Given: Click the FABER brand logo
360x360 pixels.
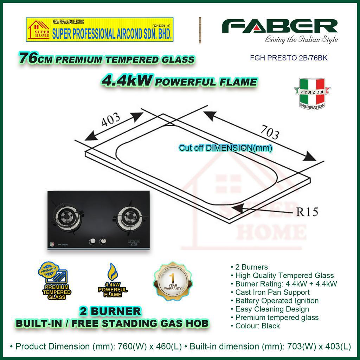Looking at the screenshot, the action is (x=279, y=27).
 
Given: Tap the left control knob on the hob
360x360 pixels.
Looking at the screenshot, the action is (x=93, y=242).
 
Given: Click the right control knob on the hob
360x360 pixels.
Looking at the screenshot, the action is (x=103, y=242).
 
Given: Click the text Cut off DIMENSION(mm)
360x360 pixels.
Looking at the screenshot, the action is (x=226, y=148).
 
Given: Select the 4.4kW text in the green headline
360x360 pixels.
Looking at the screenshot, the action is (x=127, y=82).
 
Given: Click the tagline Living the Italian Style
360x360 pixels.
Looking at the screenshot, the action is (x=301, y=39).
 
